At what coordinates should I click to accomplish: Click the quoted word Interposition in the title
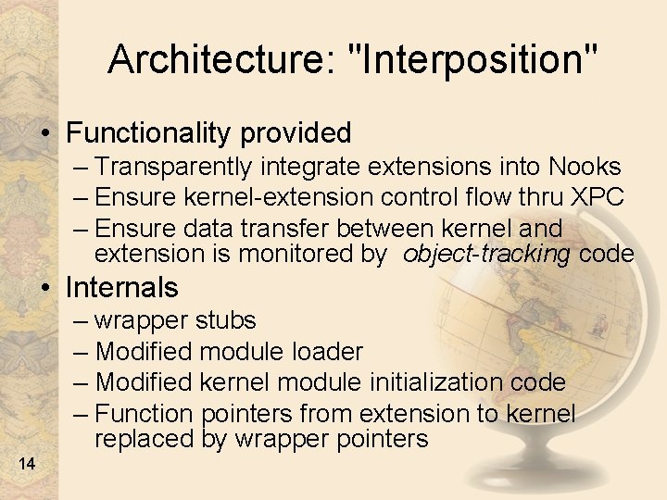tap(471, 60)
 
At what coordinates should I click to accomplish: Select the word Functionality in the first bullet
tap(149, 133)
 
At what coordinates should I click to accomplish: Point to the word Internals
tap(121, 287)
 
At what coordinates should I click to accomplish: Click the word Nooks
tap(585, 167)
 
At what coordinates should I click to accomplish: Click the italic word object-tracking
tap(486, 253)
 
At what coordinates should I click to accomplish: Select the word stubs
tap(226, 321)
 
